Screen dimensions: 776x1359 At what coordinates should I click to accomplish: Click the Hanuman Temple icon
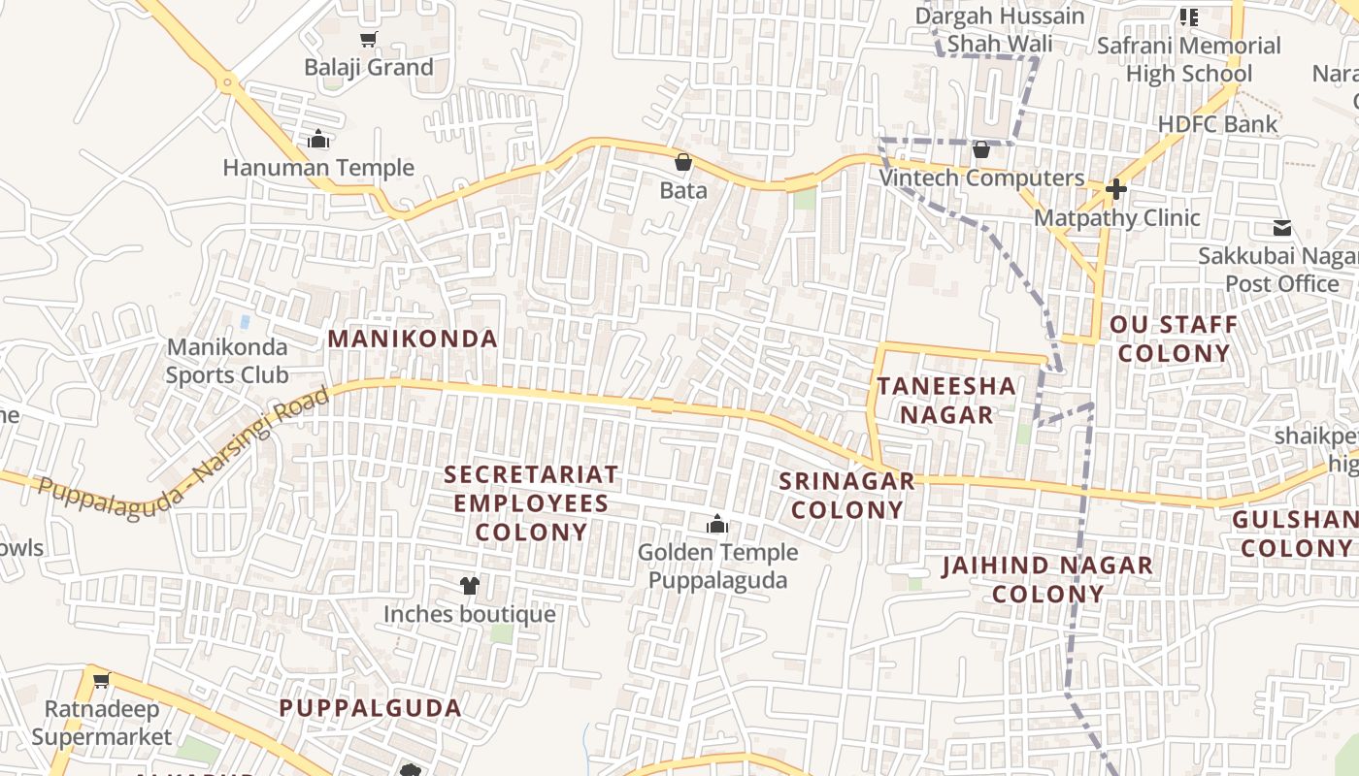[318, 140]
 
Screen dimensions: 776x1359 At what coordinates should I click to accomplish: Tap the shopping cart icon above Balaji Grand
[368, 40]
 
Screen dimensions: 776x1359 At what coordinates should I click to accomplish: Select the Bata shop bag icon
[683, 162]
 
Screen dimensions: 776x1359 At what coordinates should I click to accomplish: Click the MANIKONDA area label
[413, 339]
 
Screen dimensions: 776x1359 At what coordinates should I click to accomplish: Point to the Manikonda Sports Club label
[227, 361]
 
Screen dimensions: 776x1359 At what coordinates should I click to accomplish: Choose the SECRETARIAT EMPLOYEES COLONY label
[531, 502]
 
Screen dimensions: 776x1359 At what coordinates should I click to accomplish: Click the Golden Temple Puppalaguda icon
[717, 525]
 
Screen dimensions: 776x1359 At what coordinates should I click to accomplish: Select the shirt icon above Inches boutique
[470, 585]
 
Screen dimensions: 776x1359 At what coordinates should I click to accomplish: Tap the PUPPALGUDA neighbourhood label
[371, 708]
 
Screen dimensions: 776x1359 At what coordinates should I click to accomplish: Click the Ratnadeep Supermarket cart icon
[101, 680]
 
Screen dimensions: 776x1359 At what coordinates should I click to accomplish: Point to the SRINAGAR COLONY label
[846, 495]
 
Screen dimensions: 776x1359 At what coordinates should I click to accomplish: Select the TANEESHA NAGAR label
[946, 400]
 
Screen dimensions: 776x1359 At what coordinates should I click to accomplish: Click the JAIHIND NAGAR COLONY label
[1047, 579]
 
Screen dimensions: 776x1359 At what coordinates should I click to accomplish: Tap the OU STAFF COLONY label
[1174, 339]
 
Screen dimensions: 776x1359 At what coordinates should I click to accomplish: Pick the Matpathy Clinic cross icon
[1116, 189]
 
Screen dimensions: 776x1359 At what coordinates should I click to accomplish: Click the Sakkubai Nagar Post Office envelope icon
[1282, 228]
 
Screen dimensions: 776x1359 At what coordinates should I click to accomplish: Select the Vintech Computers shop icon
[981, 149]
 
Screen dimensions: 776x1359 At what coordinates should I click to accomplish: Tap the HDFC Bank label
[1217, 124]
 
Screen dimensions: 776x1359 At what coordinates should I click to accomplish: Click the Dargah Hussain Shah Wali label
[1000, 30]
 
